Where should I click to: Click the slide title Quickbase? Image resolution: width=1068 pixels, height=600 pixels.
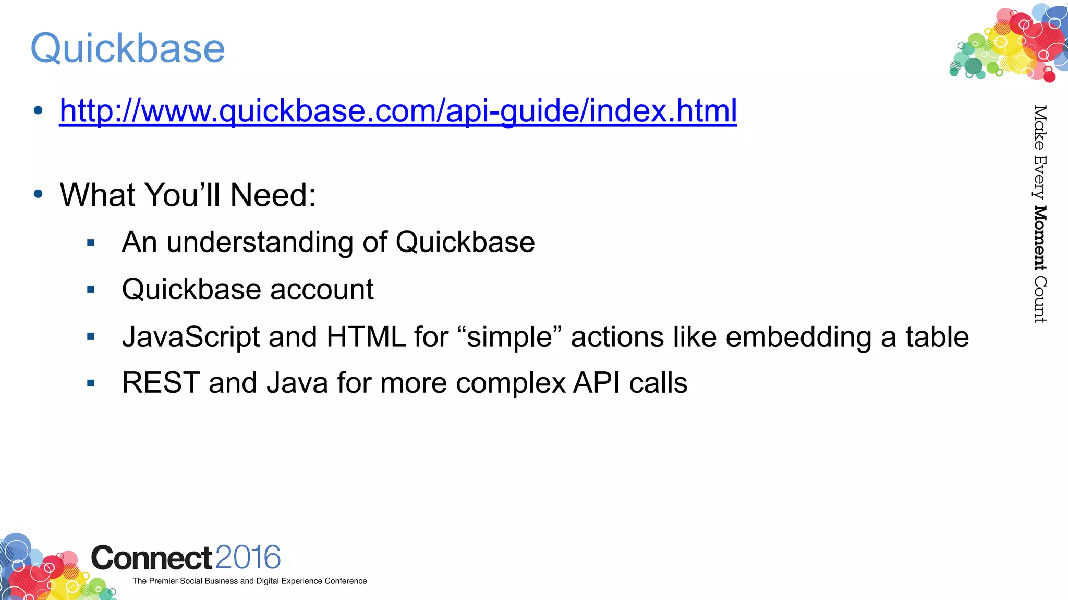pyautogui.click(x=128, y=48)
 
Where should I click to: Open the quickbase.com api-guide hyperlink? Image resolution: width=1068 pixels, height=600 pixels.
pyautogui.click(x=398, y=110)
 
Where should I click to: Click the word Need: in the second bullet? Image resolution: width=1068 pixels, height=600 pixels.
pyautogui.click(x=273, y=195)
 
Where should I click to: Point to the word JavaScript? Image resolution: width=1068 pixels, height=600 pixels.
pyautogui.click(x=190, y=337)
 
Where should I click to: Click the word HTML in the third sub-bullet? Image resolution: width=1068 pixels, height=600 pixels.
pyautogui.click(x=366, y=337)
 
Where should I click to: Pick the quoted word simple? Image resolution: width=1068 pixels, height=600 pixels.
pyautogui.click(x=509, y=337)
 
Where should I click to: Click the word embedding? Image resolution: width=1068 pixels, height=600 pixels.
pyautogui.click(x=798, y=337)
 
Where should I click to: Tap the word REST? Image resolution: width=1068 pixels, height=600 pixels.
pyautogui.click(x=161, y=383)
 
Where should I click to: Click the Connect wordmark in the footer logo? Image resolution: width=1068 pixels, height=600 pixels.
pyautogui.click(x=151, y=558)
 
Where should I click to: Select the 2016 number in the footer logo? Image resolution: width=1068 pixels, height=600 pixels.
pyautogui.click(x=248, y=557)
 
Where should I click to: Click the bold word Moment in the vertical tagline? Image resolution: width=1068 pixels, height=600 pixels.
pyautogui.click(x=1040, y=238)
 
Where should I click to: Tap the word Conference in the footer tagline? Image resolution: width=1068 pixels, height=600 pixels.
pyautogui.click(x=345, y=581)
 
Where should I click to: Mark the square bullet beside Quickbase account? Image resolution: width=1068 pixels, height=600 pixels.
pyautogui.click(x=91, y=290)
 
